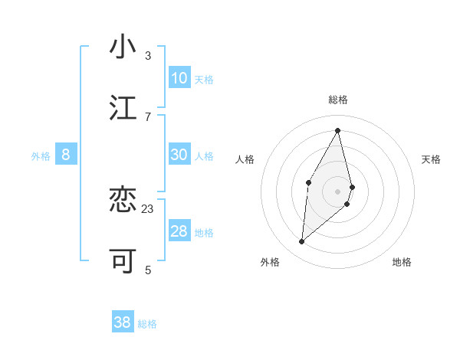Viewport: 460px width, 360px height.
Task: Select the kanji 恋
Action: (x=123, y=201)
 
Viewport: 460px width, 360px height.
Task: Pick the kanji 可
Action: (x=123, y=261)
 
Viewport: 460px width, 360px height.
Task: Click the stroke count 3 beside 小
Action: (x=148, y=55)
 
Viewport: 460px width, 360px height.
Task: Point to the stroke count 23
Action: (x=148, y=208)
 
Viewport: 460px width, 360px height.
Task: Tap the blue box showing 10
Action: (x=179, y=78)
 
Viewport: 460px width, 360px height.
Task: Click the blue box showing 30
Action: (x=179, y=155)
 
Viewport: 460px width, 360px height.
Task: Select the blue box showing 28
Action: (x=179, y=231)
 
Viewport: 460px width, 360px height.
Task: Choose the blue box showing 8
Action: (x=66, y=155)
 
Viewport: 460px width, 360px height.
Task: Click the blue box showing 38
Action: (x=123, y=322)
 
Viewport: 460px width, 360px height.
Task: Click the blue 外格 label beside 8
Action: (x=41, y=156)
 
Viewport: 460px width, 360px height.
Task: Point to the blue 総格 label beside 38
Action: (x=147, y=324)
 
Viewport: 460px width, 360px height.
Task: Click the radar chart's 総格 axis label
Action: (x=338, y=100)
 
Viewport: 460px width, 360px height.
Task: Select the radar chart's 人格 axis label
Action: (x=245, y=159)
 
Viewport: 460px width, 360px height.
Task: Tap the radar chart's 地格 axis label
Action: (x=402, y=262)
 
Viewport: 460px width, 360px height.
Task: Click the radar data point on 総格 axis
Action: (x=338, y=129)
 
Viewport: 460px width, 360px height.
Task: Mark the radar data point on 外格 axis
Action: (x=302, y=242)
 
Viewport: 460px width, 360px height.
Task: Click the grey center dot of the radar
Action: (x=338, y=191)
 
